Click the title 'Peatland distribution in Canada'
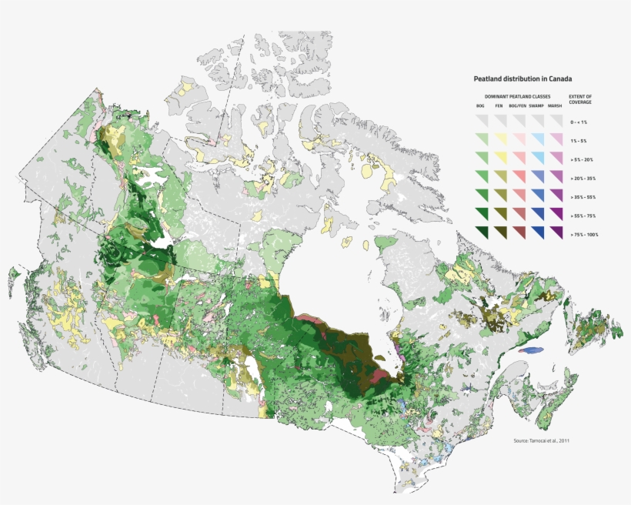tap(522, 79)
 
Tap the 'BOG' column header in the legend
tap(480, 105)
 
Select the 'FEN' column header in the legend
tap(499, 105)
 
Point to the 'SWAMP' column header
tap(536, 105)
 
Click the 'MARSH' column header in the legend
tap(555, 105)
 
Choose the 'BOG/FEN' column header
tap(517, 105)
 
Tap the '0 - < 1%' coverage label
tap(579, 122)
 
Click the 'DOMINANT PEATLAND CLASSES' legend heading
tap(519, 96)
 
